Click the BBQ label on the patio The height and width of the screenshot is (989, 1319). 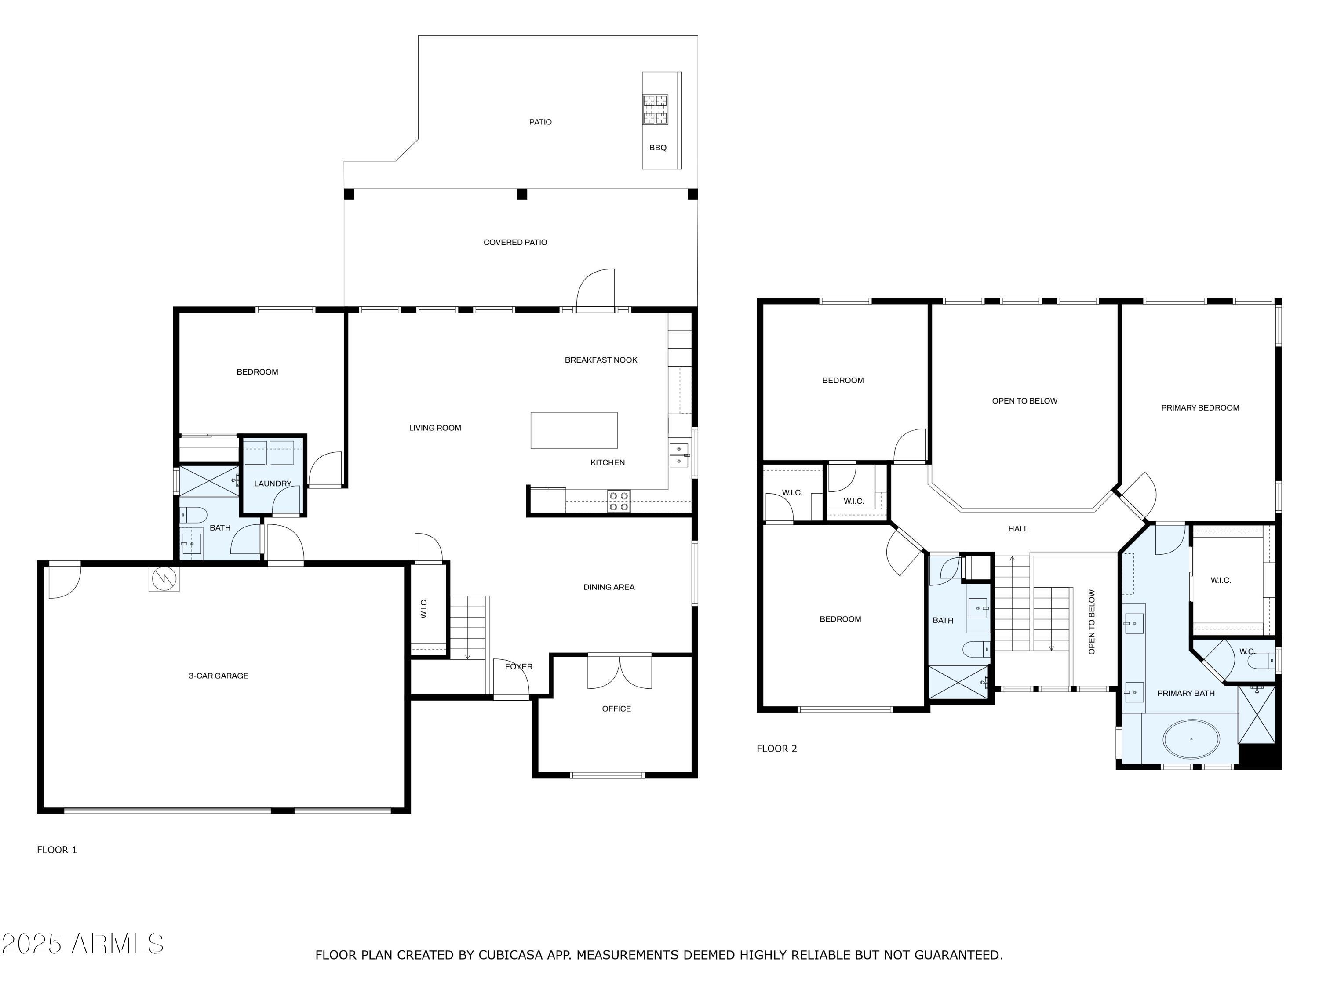658,148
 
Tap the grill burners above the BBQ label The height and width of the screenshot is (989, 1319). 655,110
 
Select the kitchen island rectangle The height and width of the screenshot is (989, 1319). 574,430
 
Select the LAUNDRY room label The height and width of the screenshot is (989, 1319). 273,484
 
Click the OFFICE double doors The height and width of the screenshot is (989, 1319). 619,673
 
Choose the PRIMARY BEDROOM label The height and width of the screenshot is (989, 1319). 1200,408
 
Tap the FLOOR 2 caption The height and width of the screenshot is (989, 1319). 776,749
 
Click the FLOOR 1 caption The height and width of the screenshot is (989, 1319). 57,850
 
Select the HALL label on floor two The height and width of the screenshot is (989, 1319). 1018,529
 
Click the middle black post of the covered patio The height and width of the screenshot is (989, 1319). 522,194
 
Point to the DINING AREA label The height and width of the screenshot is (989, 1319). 609,587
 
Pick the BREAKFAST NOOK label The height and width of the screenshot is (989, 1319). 601,360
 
